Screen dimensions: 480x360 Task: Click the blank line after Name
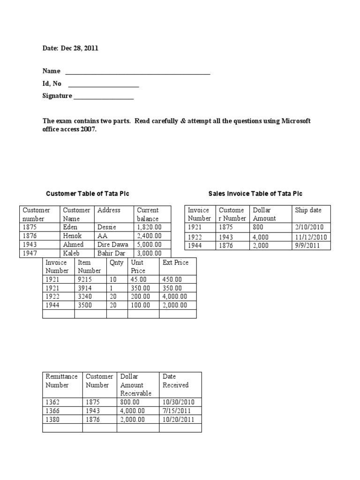137,73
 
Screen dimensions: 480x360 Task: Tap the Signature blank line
104,98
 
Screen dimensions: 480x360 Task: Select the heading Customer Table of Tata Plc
87,194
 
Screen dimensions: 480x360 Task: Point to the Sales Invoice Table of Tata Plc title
255,194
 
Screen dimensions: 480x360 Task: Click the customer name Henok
73,236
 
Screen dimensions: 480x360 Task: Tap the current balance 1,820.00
149,227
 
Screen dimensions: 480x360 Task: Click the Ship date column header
308,210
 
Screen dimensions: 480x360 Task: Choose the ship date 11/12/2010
311,237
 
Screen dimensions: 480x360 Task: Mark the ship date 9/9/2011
307,245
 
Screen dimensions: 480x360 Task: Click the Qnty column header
116,262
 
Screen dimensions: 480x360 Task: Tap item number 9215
86,279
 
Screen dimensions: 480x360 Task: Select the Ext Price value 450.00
172,279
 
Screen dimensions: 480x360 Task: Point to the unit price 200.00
141,296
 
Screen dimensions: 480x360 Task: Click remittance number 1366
54,411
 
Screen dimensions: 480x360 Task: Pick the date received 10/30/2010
178,402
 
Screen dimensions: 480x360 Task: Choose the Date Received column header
175,381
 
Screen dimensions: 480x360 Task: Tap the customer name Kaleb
72,253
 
